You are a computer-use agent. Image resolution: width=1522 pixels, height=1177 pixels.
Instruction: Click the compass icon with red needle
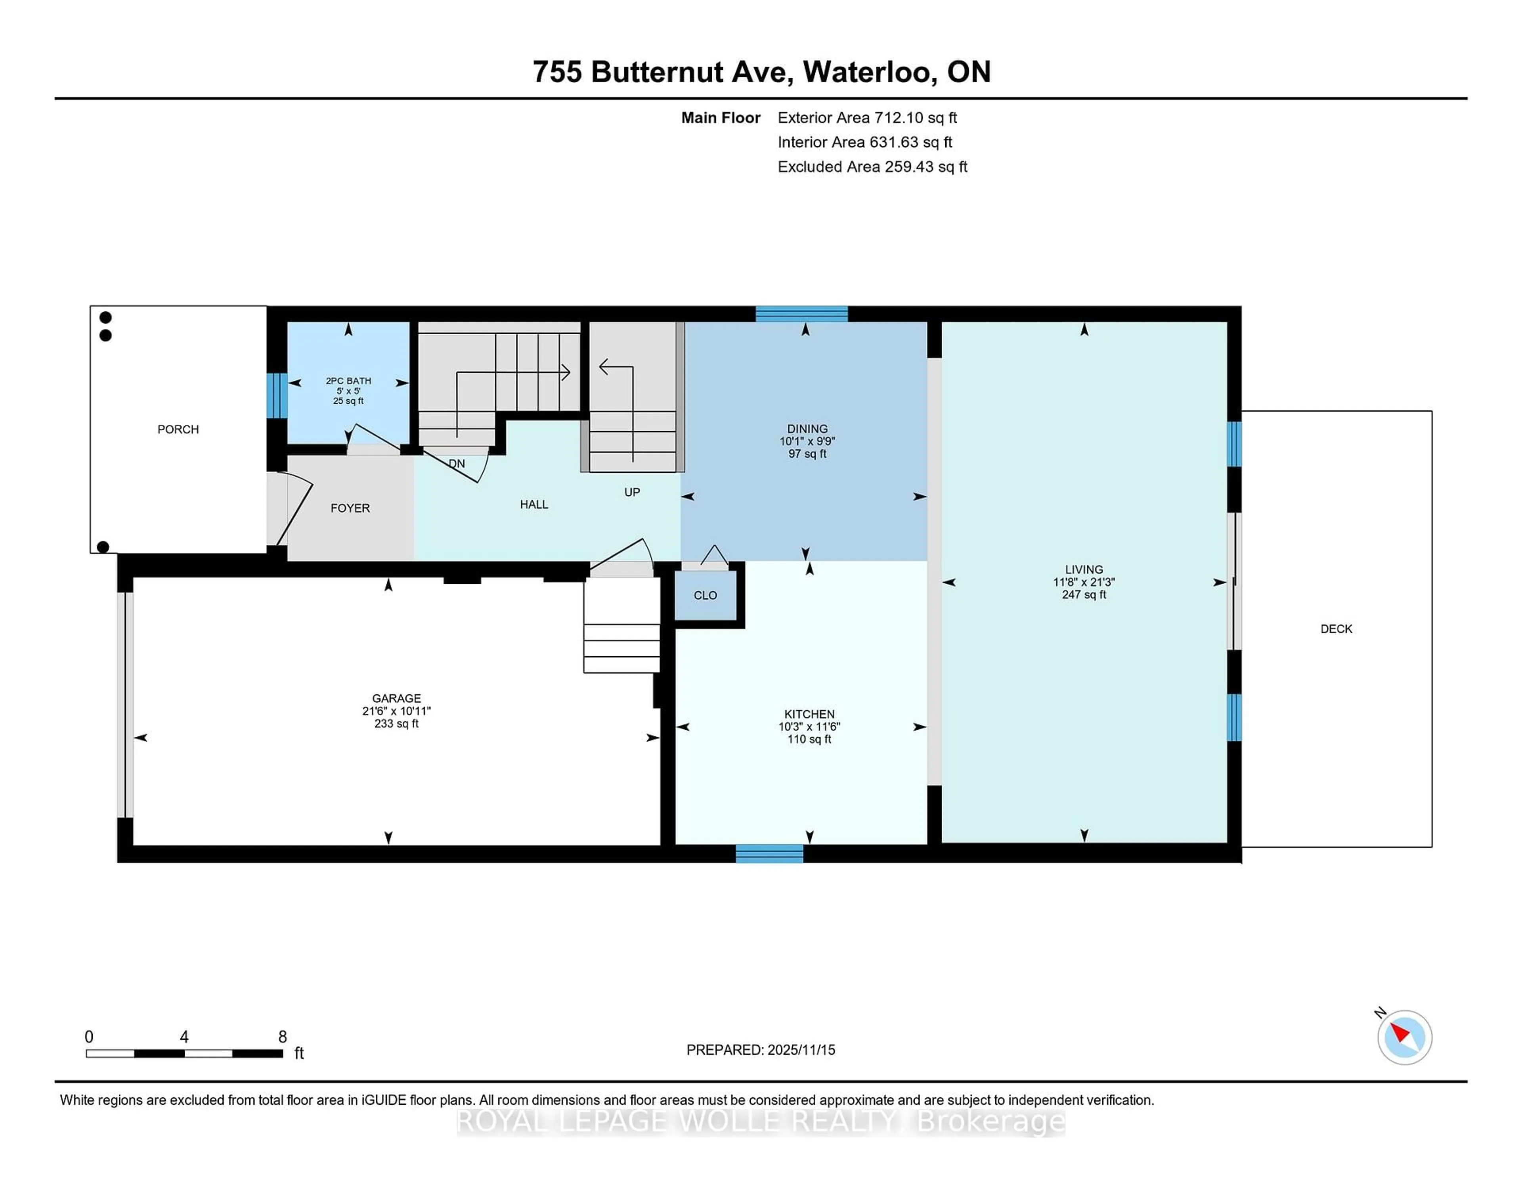(x=1404, y=1037)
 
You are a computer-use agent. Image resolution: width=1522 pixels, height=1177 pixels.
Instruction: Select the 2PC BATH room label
(x=348, y=381)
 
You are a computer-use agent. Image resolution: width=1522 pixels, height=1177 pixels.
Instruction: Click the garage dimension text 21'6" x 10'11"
(x=396, y=711)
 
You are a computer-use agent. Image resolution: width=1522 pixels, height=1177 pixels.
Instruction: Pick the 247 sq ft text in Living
(x=1084, y=595)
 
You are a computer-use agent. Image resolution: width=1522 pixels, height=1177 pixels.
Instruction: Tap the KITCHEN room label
(x=809, y=714)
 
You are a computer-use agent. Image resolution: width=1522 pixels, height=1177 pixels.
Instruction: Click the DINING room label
(x=807, y=429)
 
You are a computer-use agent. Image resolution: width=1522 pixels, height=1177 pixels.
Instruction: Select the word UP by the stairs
(x=632, y=492)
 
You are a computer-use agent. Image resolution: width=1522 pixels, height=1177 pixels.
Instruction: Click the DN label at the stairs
(x=457, y=464)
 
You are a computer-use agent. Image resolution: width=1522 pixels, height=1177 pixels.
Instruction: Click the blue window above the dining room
(x=801, y=314)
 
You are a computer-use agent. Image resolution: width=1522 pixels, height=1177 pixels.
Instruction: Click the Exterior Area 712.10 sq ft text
(x=867, y=118)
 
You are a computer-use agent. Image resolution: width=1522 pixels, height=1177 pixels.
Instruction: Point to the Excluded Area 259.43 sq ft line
(x=872, y=167)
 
